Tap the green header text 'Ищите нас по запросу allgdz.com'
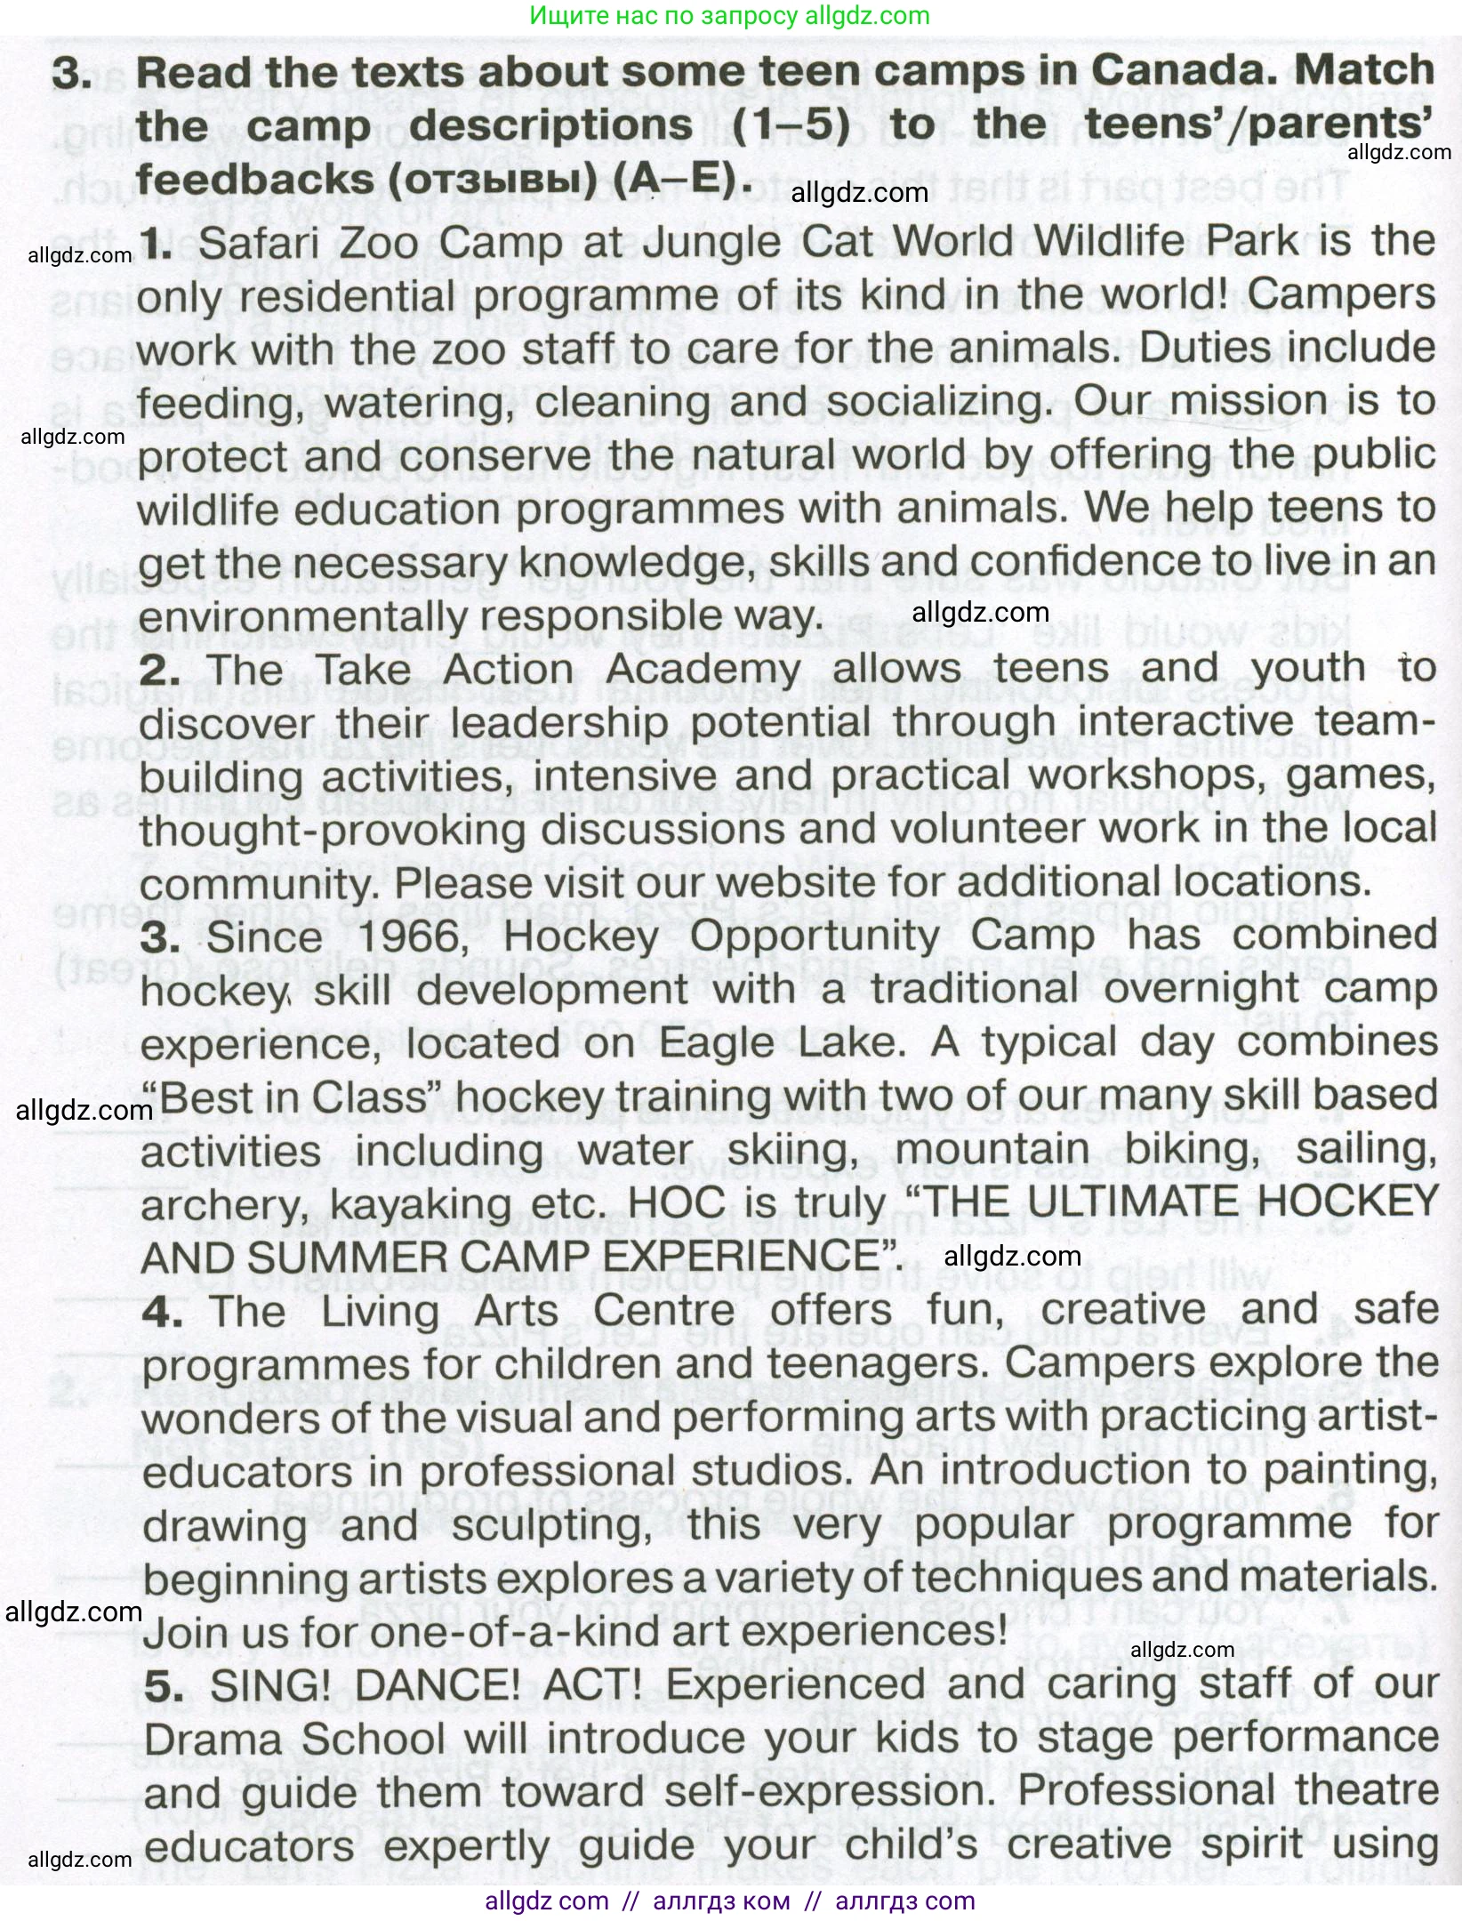point(729,16)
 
